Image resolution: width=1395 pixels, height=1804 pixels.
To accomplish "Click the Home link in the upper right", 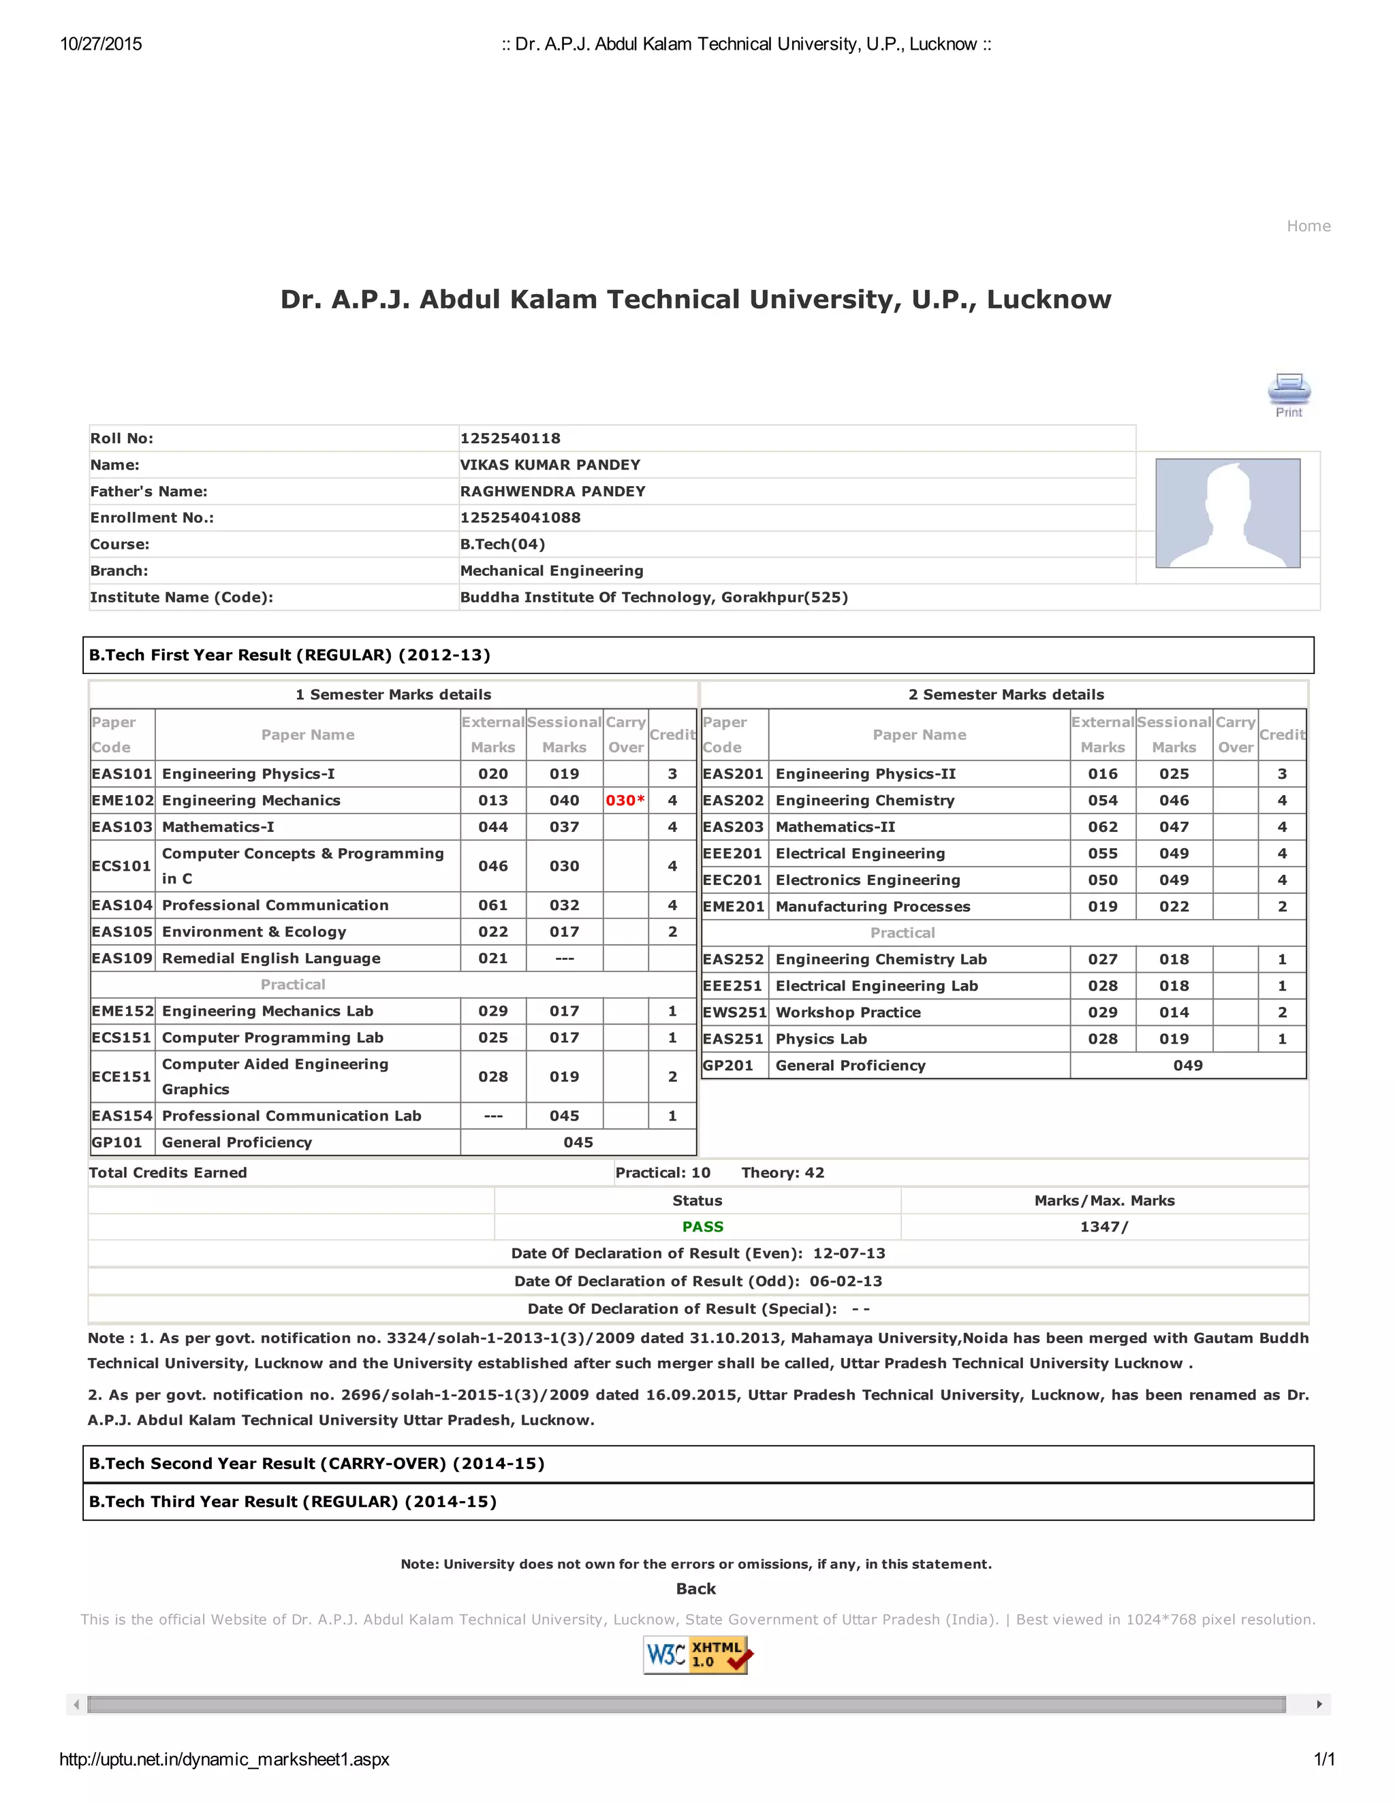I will click(1308, 226).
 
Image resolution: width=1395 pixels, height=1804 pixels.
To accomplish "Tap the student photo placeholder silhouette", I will click(1227, 513).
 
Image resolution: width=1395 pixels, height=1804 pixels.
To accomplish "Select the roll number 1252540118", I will click(510, 438).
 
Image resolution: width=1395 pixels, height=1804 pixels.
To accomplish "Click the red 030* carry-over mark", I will click(625, 801).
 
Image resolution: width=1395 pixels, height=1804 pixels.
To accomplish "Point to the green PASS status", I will click(702, 1227).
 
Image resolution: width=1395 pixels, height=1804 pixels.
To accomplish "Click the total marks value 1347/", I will click(1103, 1227).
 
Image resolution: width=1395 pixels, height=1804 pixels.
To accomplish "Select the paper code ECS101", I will click(121, 866).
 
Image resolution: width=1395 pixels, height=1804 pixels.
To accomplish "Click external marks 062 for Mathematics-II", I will click(1103, 827).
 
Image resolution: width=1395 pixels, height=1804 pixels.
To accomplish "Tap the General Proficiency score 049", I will click(1187, 1065).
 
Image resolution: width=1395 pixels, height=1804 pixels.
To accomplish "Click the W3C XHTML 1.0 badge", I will click(696, 1654).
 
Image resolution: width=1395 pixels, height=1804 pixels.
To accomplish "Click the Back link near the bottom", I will click(696, 1588).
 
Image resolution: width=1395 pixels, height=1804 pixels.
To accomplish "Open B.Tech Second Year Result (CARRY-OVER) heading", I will click(317, 1464).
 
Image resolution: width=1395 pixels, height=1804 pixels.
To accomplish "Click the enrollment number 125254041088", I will click(520, 518).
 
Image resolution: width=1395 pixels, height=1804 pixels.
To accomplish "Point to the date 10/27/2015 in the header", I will click(101, 44).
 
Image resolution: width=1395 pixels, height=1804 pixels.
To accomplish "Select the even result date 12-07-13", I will click(849, 1253).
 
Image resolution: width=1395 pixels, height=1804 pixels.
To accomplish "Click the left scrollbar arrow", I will click(76, 1704).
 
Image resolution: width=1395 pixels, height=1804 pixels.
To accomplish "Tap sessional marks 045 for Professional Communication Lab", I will click(565, 1116).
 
